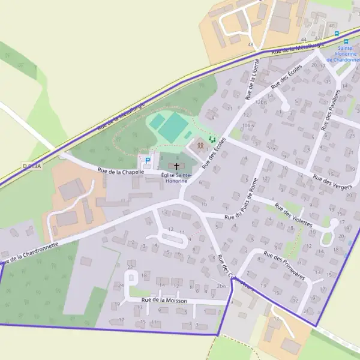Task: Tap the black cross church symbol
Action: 176,165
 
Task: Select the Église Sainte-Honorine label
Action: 176,178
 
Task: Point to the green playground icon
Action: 211,139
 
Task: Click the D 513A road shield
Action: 32,166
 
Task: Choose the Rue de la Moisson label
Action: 164,300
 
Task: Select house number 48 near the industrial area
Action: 250,45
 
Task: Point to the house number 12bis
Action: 260,102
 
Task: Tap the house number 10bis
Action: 247,125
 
